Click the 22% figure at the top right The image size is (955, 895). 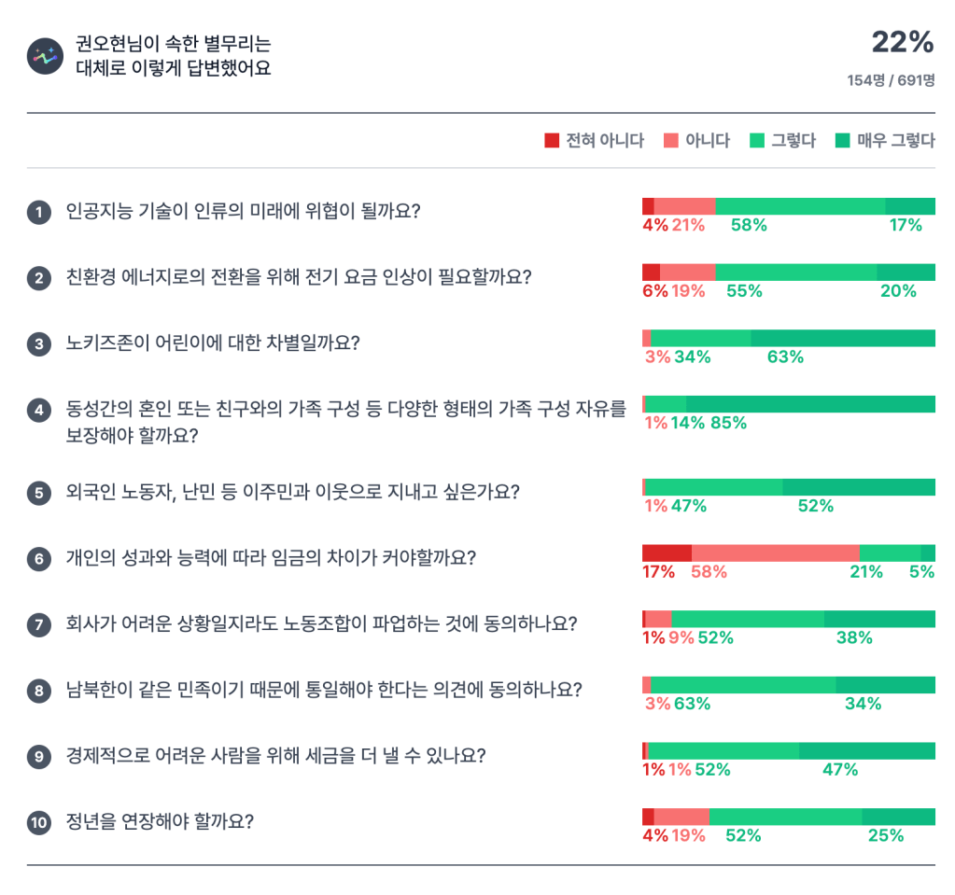[902, 42]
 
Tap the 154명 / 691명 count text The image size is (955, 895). [891, 80]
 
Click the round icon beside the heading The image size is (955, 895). [43, 56]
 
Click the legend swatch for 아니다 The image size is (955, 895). [670, 141]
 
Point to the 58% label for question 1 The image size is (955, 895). [749, 225]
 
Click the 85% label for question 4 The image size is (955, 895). [728, 423]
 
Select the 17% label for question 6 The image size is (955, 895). [658, 572]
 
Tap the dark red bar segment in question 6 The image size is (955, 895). [667, 552]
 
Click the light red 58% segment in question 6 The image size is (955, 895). [775, 552]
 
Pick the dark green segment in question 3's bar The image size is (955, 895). [842, 338]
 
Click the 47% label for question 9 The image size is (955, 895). [839, 770]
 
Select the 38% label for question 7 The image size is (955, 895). [854, 638]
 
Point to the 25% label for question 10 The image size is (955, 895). [886, 835]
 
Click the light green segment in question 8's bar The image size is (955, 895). [743, 685]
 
